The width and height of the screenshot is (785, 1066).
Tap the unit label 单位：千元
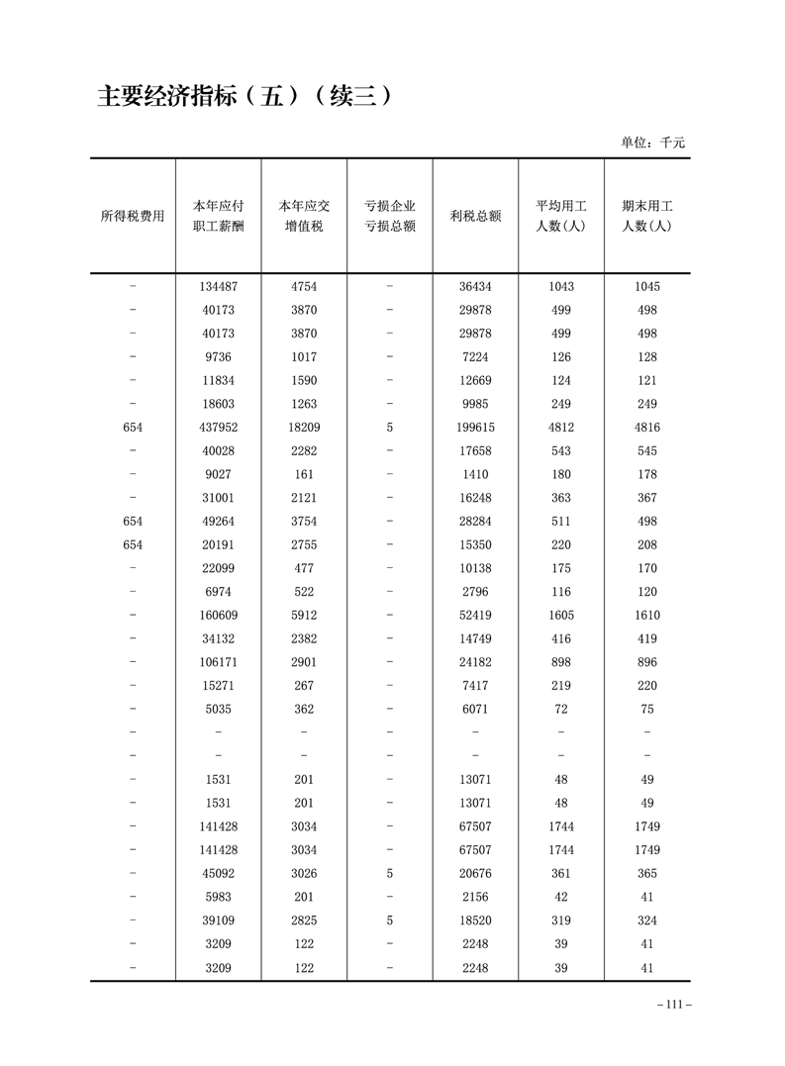click(652, 143)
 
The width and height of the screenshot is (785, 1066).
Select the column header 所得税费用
click(133, 216)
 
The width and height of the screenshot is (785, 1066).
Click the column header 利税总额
click(475, 216)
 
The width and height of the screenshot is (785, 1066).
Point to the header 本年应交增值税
click(304, 216)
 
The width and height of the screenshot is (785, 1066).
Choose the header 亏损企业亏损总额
click(389, 216)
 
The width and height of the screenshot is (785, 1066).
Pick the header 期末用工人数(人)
click(646, 216)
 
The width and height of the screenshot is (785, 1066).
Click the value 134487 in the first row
click(218, 286)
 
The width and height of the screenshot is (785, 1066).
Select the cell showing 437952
click(218, 428)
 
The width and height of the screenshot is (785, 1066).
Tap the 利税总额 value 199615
click(475, 428)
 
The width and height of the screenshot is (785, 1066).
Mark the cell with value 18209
click(304, 428)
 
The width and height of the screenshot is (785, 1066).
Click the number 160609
click(218, 616)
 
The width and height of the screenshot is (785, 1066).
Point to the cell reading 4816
click(646, 428)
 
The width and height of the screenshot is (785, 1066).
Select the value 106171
click(218, 662)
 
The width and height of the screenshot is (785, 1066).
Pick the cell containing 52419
click(475, 616)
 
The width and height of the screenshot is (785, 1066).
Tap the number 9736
click(218, 357)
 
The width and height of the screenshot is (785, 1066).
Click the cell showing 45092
click(218, 874)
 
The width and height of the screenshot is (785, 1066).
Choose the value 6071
click(475, 710)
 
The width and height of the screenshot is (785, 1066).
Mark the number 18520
click(475, 921)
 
